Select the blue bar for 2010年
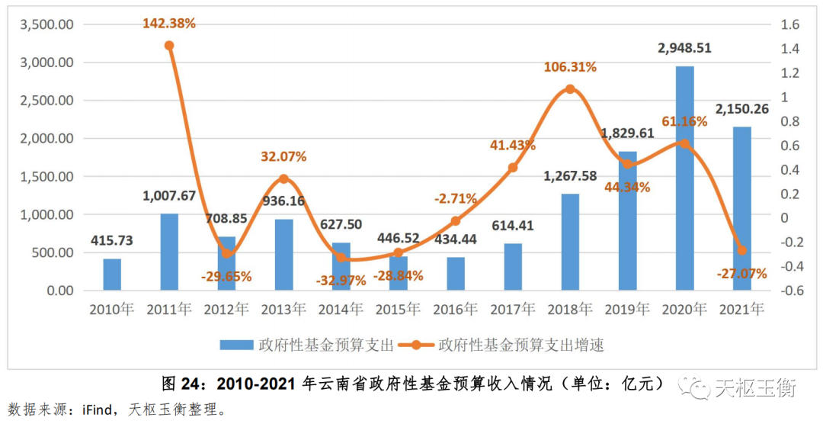pyautogui.click(x=112, y=275)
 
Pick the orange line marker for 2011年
pyautogui.click(x=169, y=46)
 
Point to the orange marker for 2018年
pyautogui.click(x=570, y=89)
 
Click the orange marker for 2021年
pyautogui.click(x=741, y=250)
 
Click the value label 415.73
pyautogui.click(x=112, y=240)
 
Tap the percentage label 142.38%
pyautogui.click(x=169, y=23)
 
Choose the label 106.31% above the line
pyautogui.click(x=570, y=67)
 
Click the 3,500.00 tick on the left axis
pyautogui.click(x=46, y=24)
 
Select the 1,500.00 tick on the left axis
pyautogui.click(x=46, y=177)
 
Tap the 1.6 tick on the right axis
pyautogui.click(x=789, y=24)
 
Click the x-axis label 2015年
pyautogui.click(x=398, y=309)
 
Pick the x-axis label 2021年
pyautogui.click(x=741, y=309)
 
